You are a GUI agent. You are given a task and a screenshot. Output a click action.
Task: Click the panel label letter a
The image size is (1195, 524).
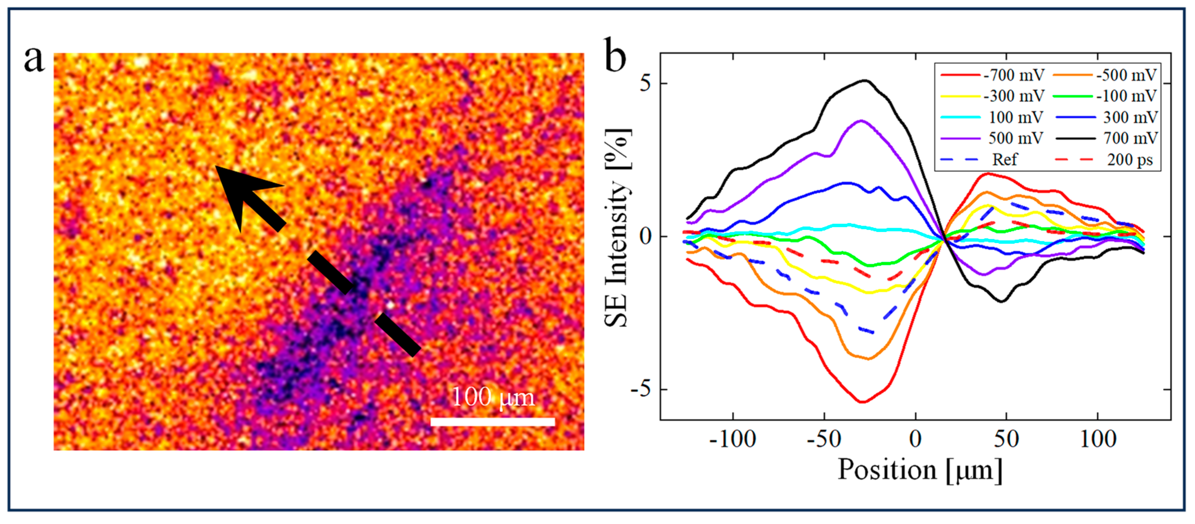[34, 60]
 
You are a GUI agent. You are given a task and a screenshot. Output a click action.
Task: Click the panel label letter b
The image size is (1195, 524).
[615, 57]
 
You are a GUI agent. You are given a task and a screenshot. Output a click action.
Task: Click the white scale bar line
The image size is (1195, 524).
[492, 422]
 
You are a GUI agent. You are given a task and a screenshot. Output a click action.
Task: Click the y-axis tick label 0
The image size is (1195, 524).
[645, 236]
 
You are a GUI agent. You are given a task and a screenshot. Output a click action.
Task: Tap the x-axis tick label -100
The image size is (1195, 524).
[733, 439]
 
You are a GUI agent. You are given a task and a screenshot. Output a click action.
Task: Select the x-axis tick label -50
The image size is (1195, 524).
[824, 439]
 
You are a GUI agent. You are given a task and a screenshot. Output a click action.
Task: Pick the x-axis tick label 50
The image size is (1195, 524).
[1006, 439]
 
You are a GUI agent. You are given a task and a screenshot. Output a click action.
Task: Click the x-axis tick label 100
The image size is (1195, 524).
[1097, 439]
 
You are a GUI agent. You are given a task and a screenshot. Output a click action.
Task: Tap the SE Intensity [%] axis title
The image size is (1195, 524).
[617, 227]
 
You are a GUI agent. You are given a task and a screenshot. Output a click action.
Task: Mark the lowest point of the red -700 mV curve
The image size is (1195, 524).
[862, 402]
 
